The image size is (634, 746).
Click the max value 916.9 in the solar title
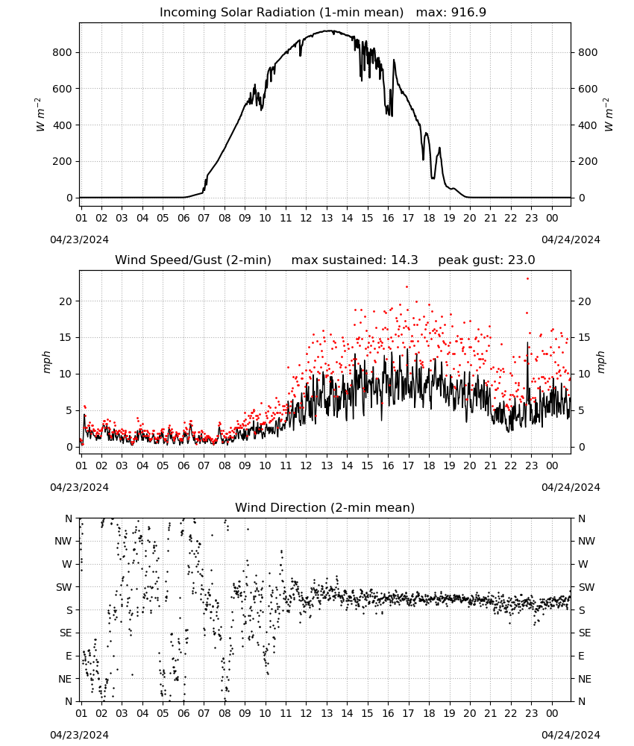tap(468, 12)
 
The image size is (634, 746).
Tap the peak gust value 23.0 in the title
tap(521, 260)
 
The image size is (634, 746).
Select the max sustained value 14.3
tap(404, 260)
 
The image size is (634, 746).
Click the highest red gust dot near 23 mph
tap(527, 279)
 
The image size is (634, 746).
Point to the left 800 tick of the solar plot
tap(62, 52)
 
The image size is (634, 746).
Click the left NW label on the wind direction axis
tap(63, 541)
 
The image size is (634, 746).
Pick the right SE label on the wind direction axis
tap(585, 633)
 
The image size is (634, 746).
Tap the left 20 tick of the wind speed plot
tap(66, 301)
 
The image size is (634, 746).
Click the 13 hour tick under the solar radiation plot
tap(327, 218)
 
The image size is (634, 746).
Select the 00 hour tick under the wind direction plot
tap(552, 713)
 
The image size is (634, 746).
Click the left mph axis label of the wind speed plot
tap(46, 362)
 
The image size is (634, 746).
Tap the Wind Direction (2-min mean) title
tap(325, 507)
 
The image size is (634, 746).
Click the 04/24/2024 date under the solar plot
tap(571, 239)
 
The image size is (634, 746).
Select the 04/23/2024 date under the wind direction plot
tap(79, 735)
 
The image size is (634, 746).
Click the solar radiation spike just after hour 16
tap(394, 60)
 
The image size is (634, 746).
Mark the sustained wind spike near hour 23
tap(527, 342)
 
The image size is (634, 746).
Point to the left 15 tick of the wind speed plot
tap(66, 337)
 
